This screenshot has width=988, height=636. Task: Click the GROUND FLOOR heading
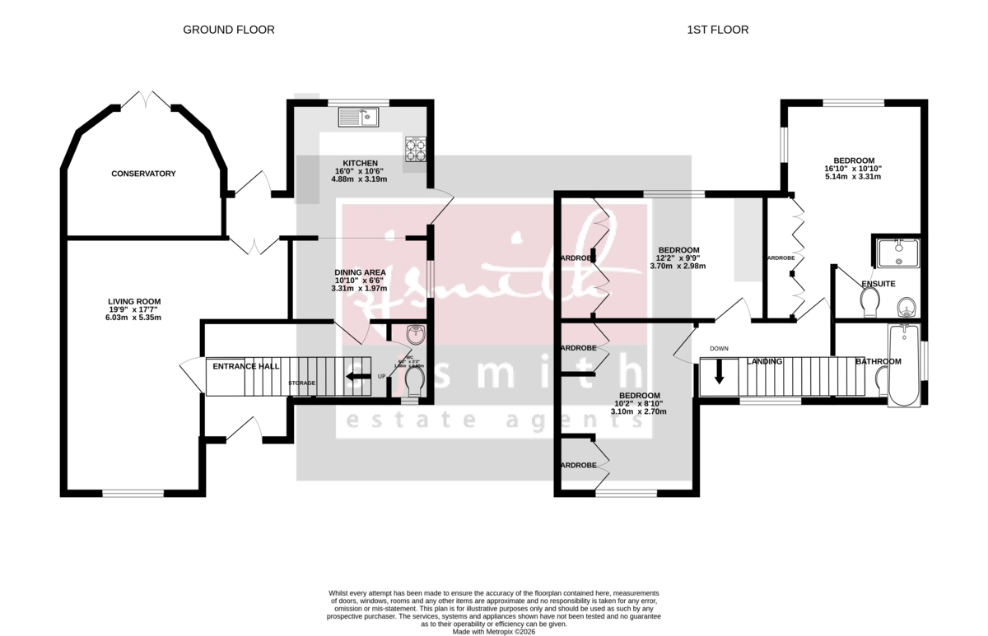point(228,30)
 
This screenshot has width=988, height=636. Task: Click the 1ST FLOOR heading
point(718,30)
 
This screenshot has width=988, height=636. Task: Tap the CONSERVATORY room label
point(144,174)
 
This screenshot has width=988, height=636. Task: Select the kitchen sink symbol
point(357,117)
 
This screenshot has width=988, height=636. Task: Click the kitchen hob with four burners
point(415,148)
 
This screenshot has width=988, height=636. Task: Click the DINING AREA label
point(359,272)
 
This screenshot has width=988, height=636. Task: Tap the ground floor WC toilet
point(413,382)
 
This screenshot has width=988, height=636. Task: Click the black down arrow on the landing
point(719,373)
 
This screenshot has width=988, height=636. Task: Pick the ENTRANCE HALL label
point(246,365)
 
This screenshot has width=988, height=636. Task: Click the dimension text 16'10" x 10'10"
point(854,168)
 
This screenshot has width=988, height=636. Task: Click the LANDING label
point(764,361)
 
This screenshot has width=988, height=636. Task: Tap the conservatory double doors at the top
point(147,100)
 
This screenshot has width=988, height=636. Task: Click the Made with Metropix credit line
point(493,631)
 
